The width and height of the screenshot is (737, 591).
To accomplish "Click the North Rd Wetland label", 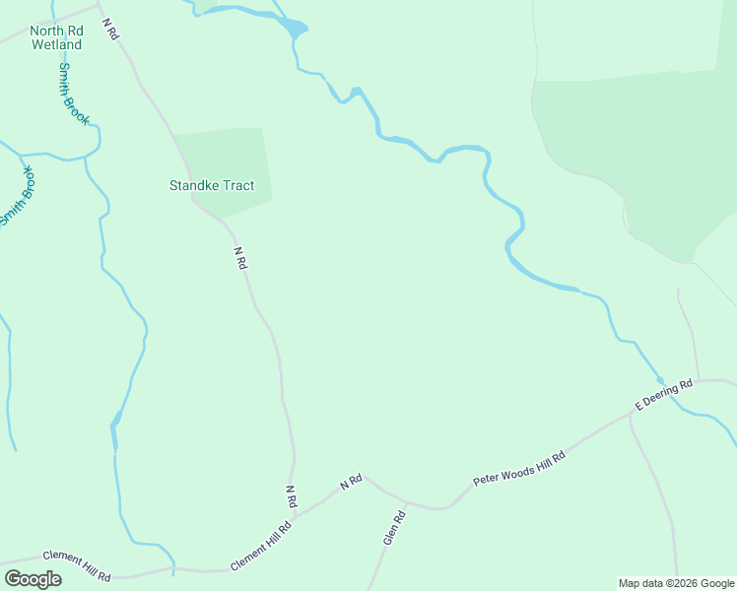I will [x=55, y=37].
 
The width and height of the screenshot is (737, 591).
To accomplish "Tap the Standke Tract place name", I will [x=212, y=185].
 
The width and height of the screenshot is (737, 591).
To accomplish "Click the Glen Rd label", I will [x=394, y=529].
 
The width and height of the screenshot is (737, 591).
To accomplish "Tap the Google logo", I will [x=33, y=579].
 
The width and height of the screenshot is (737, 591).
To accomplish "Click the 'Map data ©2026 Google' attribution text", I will [x=677, y=583].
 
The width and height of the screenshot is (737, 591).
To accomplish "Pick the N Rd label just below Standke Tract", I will [x=239, y=258].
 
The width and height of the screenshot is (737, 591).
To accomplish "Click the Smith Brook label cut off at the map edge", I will [x=18, y=195].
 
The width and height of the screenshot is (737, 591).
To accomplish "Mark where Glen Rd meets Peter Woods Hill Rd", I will [x=407, y=503].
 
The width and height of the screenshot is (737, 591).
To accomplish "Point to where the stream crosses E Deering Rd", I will [x=660, y=381].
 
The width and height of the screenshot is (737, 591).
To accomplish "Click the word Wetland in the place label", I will [x=55, y=44].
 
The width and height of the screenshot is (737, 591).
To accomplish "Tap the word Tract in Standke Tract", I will [x=236, y=185].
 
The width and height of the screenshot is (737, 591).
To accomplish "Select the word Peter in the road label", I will [x=487, y=478].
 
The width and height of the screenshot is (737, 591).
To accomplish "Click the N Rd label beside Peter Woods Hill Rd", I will [x=352, y=482].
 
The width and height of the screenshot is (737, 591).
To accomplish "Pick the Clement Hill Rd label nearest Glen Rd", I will [x=262, y=546].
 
